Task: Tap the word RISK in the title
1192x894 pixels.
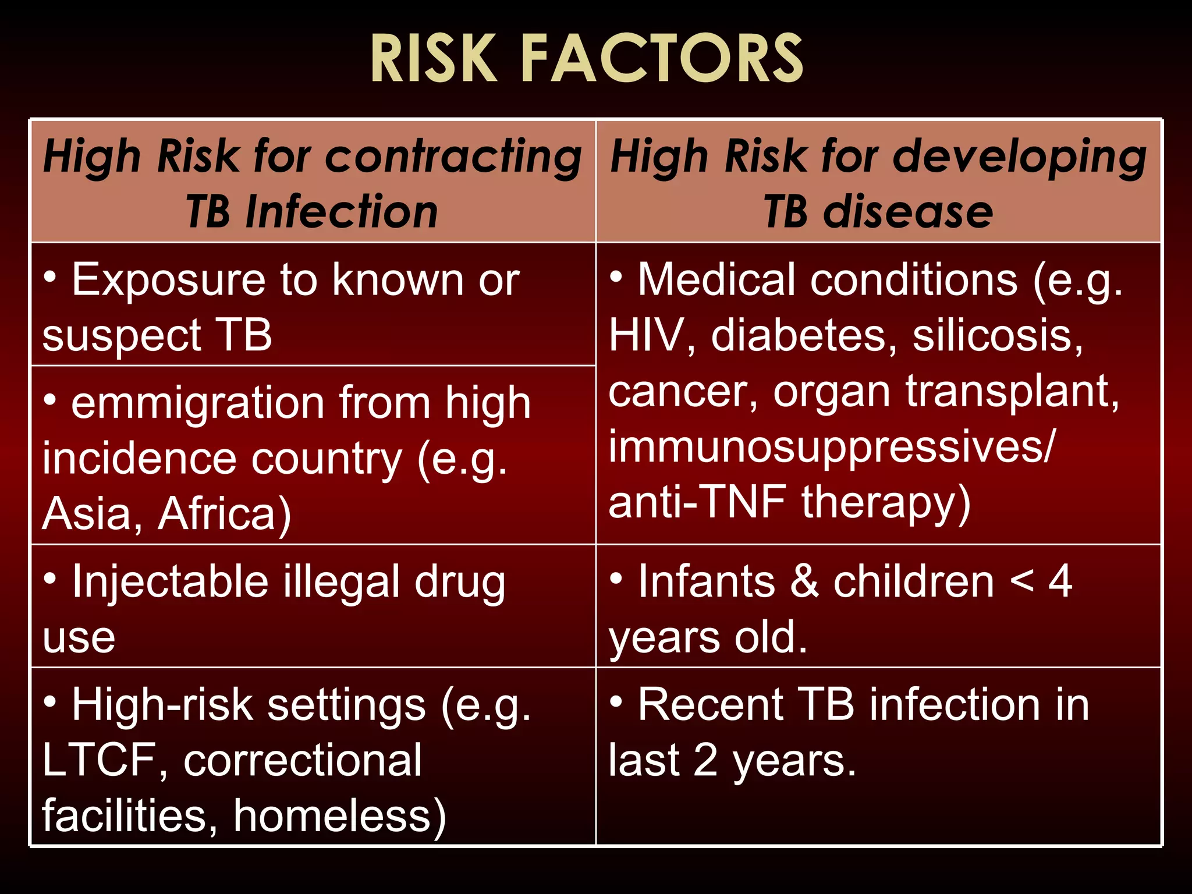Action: (434, 59)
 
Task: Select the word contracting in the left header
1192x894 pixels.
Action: (453, 157)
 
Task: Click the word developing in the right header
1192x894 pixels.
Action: (1020, 157)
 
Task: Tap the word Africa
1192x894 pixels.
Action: (224, 514)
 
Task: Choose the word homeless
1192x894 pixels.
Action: (339, 816)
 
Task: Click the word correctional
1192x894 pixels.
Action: (303, 760)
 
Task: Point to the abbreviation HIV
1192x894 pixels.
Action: (645, 336)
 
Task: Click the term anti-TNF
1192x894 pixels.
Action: (697, 502)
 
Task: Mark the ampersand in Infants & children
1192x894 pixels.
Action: (804, 581)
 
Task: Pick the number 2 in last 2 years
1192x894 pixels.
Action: (705, 760)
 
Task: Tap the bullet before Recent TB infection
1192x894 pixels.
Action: (616, 701)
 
